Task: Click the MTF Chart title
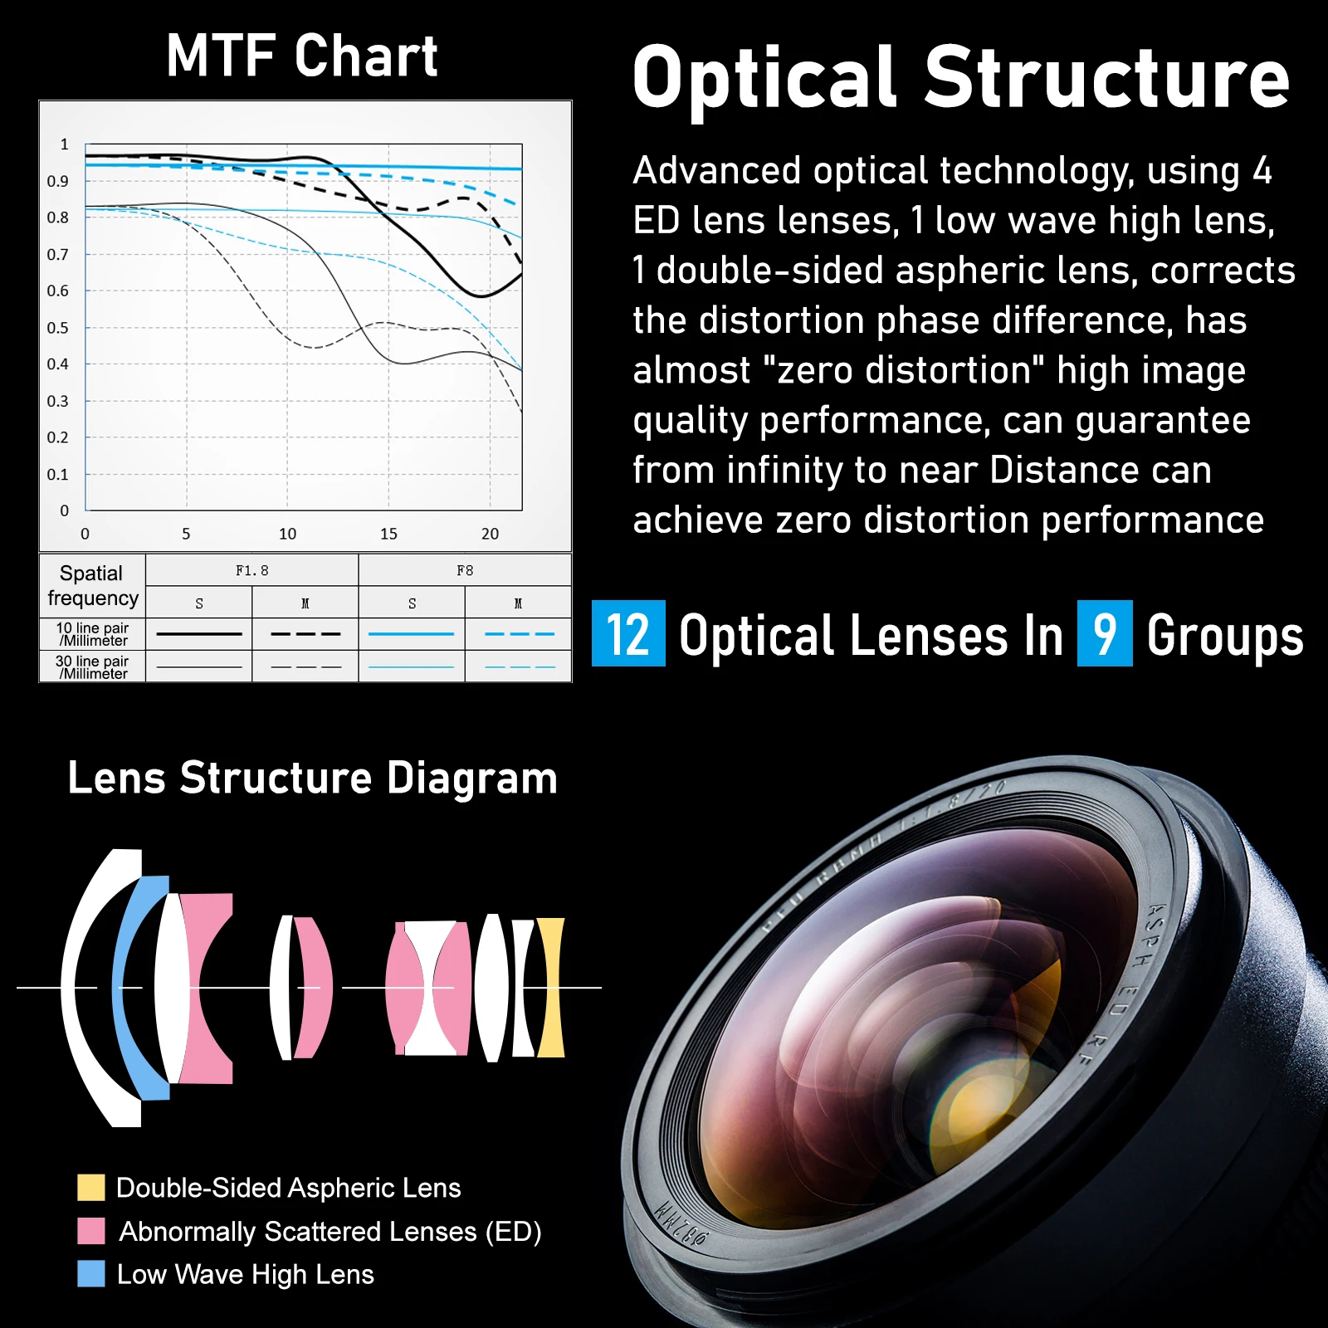click(302, 56)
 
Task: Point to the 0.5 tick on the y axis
click(57, 328)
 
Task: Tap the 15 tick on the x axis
click(388, 534)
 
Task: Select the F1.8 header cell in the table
click(252, 570)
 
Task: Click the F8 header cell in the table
click(465, 570)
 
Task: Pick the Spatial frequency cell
click(92, 585)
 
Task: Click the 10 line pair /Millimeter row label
click(92, 634)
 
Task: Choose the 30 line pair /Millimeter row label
click(92, 667)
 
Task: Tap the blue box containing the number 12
click(628, 633)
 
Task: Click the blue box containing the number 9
click(1105, 633)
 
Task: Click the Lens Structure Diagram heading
click(312, 779)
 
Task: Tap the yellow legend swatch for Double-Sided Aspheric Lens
click(91, 1188)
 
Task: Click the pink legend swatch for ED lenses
click(91, 1231)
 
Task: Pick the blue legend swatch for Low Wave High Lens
click(91, 1274)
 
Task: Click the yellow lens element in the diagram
click(551, 988)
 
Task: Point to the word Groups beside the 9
click(1225, 637)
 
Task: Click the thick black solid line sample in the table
click(199, 634)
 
